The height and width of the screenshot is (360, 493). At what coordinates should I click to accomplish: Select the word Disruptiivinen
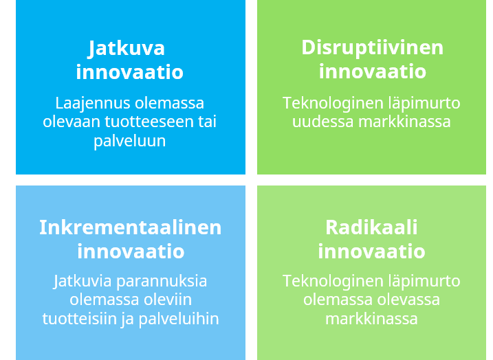click(372, 47)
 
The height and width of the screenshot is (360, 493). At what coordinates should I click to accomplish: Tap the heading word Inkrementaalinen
click(130, 227)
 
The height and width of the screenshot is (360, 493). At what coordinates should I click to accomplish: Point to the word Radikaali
click(371, 227)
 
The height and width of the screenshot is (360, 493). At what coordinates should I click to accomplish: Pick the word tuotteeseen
click(164, 122)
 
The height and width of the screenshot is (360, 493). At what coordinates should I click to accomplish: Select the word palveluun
click(130, 141)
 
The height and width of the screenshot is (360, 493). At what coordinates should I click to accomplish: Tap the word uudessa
click(322, 122)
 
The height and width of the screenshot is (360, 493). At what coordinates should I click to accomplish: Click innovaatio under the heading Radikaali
click(371, 251)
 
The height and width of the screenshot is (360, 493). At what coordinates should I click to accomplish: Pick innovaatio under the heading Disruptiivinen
click(372, 71)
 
